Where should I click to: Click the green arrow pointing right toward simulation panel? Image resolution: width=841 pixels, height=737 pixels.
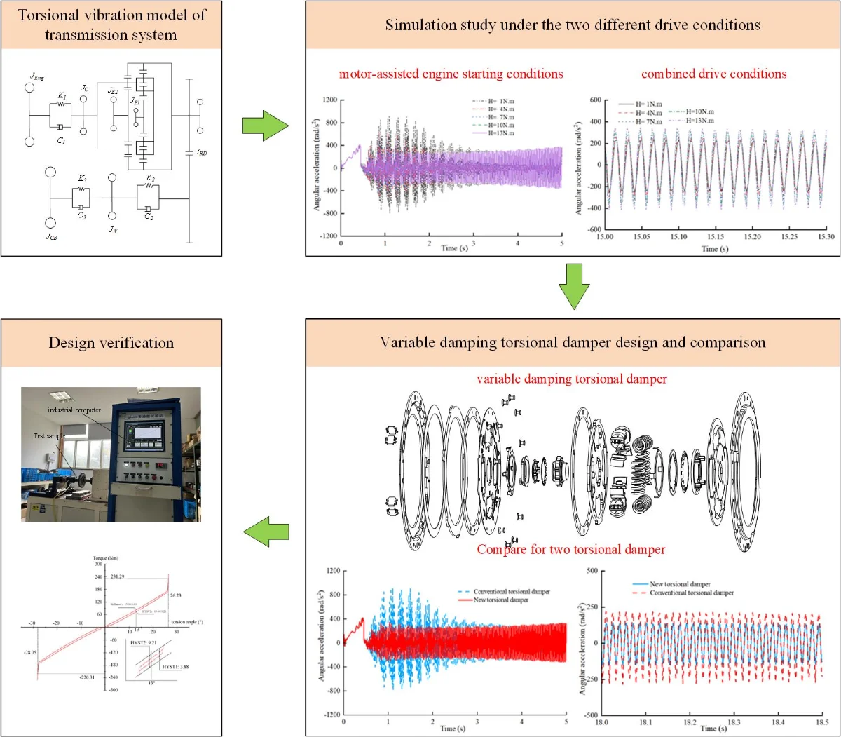[x=265, y=126]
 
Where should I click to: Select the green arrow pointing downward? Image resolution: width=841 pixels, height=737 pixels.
[x=574, y=286]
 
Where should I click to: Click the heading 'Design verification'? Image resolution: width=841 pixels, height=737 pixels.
[x=111, y=343]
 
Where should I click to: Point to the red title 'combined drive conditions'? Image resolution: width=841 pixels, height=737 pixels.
[x=713, y=74]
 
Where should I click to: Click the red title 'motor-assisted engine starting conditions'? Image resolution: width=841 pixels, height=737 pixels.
[x=451, y=74]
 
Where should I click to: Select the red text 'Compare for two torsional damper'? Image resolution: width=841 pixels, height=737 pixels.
[x=571, y=549]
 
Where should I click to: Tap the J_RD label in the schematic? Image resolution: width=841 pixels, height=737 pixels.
[x=201, y=152]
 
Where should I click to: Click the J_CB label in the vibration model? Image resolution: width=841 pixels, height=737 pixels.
[x=52, y=237]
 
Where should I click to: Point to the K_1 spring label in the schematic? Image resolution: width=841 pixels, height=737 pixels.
[x=62, y=95]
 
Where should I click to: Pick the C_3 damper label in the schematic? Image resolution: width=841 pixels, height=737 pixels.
[x=82, y=215]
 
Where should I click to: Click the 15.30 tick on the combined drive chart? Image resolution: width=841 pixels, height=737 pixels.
[x=826, y=237]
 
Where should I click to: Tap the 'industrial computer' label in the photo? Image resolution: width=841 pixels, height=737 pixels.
[x=74, y=410]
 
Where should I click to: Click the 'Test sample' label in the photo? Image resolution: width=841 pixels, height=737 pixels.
[x=49, y=435]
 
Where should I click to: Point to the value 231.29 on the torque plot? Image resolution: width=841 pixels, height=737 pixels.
[x=117, y=576]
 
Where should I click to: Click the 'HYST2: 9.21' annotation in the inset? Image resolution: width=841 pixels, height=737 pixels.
[x=143, y=642]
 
